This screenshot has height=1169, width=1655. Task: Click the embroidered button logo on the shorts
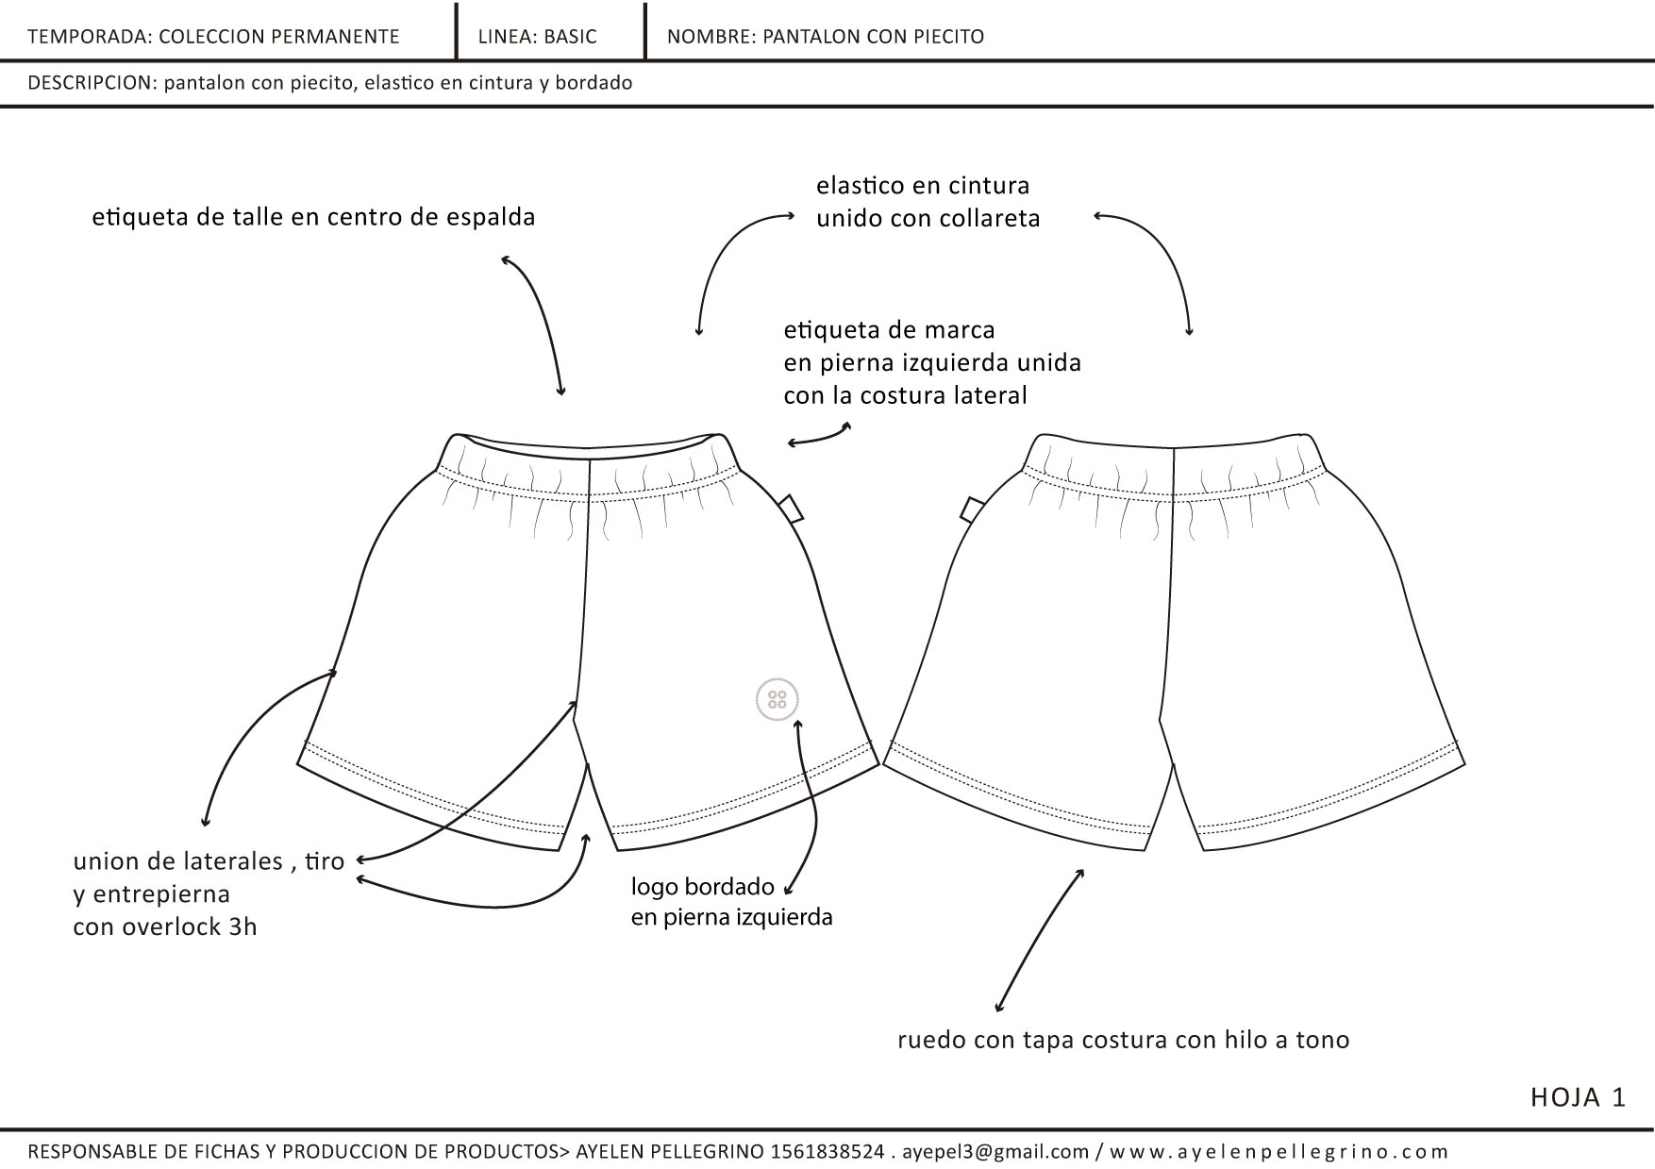tap(777, 699)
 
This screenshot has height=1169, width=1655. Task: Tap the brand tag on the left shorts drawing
tap(792, 508)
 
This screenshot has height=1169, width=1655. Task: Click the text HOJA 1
tap(1578, 1097)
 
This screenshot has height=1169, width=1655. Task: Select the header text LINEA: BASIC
tap(537, 37)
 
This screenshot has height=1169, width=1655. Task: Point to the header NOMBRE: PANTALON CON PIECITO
tap(825, 37)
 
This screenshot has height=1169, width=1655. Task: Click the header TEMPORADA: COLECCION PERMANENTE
tap(213, 37)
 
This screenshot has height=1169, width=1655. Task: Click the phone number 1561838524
tap(827, 1151)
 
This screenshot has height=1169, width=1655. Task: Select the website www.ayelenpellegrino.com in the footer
tap(1279, 1151)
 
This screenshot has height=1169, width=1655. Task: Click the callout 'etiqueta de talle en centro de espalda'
tap(313, 217)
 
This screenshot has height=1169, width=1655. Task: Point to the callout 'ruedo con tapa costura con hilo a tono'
tap(1123, 1040)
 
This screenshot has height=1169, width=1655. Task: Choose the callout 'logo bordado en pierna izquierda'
tap(731, 901)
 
